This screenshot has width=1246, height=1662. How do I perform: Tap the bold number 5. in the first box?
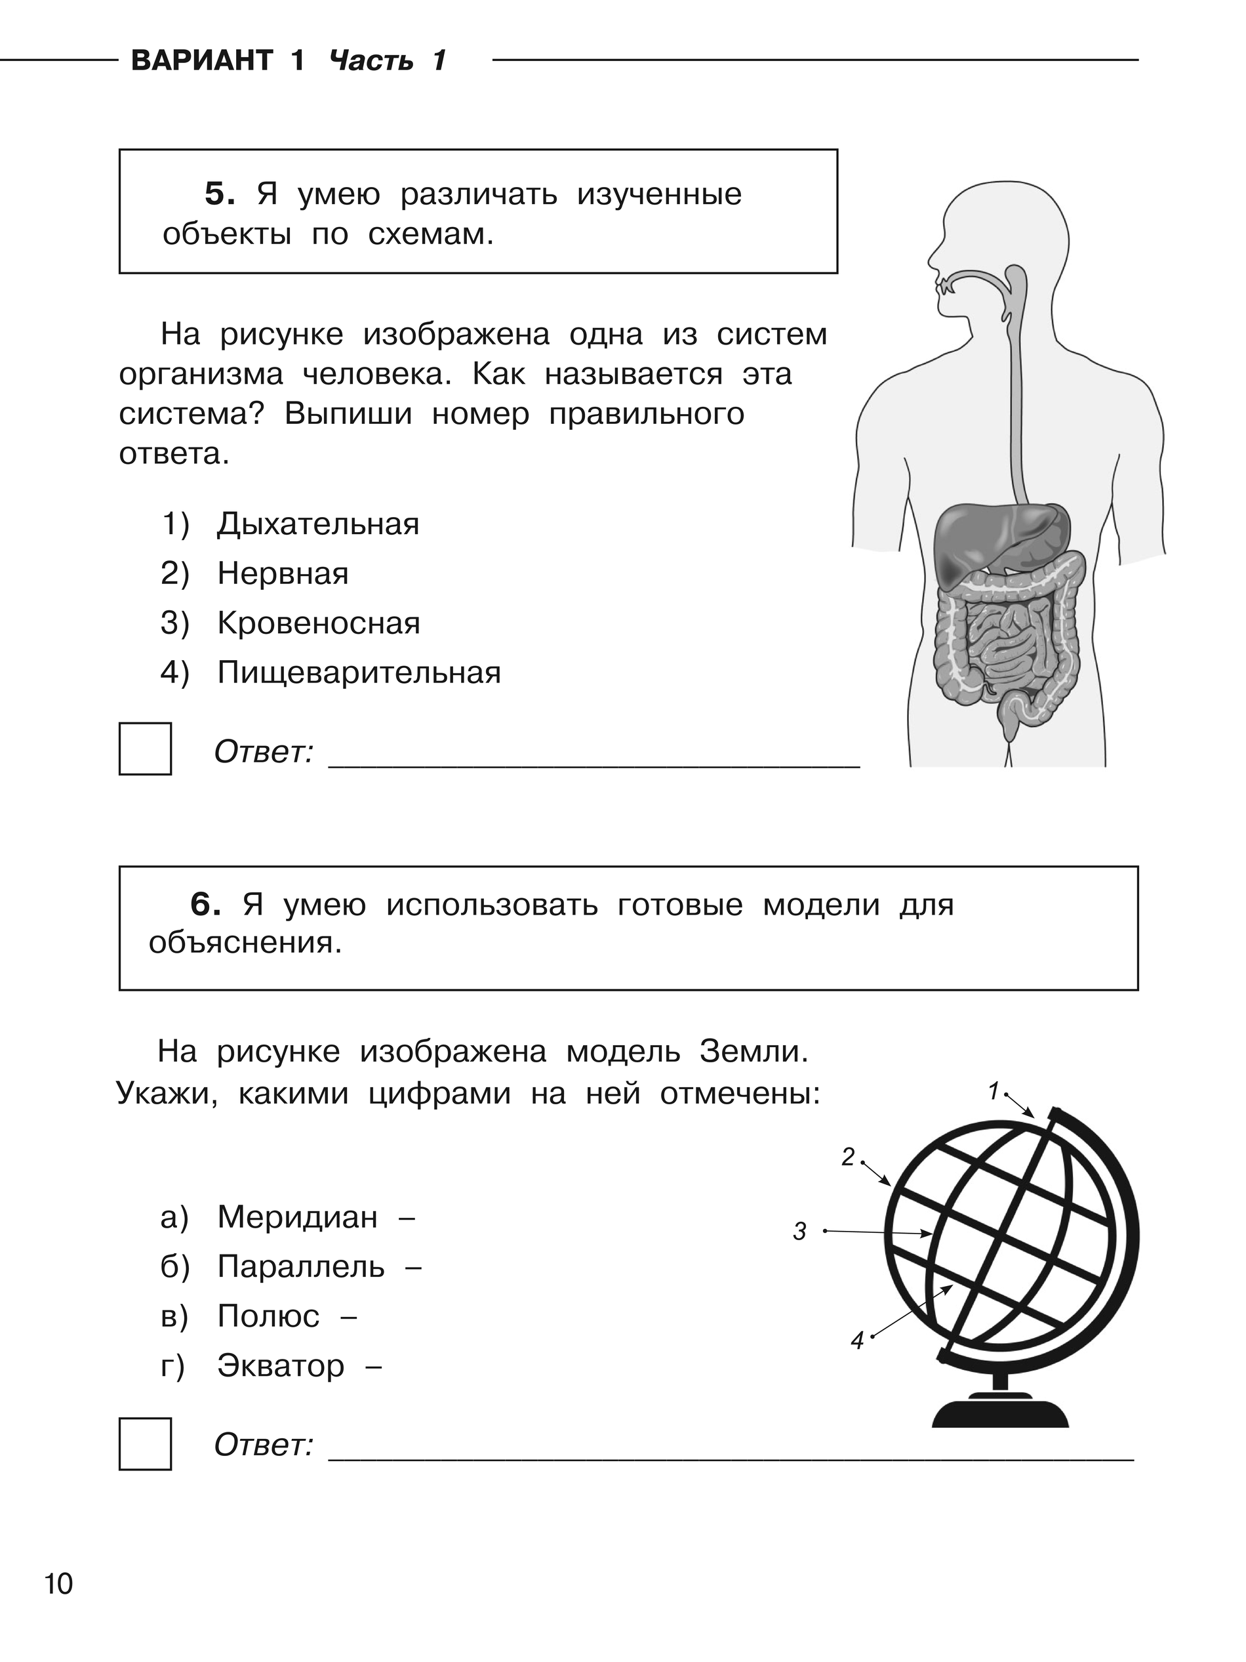(220, 195)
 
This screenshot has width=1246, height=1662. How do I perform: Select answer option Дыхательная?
(317, 524)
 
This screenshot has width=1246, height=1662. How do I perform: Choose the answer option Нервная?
(283, 574)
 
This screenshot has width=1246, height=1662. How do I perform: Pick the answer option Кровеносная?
(319, 623)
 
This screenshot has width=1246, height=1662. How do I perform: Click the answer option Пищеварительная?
(359, 673)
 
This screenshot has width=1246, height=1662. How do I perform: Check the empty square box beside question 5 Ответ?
(145, 749)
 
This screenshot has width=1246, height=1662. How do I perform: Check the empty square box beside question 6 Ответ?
(145, 1444)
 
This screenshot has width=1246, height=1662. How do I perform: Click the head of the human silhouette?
(999, 233)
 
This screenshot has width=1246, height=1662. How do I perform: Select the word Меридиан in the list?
(298, 1217)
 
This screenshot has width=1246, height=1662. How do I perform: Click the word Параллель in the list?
(300, 1267)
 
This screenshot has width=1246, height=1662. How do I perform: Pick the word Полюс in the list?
(268, 1316)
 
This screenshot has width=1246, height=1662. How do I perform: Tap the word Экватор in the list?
(281, 1366)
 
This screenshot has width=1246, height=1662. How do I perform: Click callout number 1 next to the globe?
(994, 1091)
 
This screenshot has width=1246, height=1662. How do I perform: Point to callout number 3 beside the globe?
(800, 1232)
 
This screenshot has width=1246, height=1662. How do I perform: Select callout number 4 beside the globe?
(857, 1340)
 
